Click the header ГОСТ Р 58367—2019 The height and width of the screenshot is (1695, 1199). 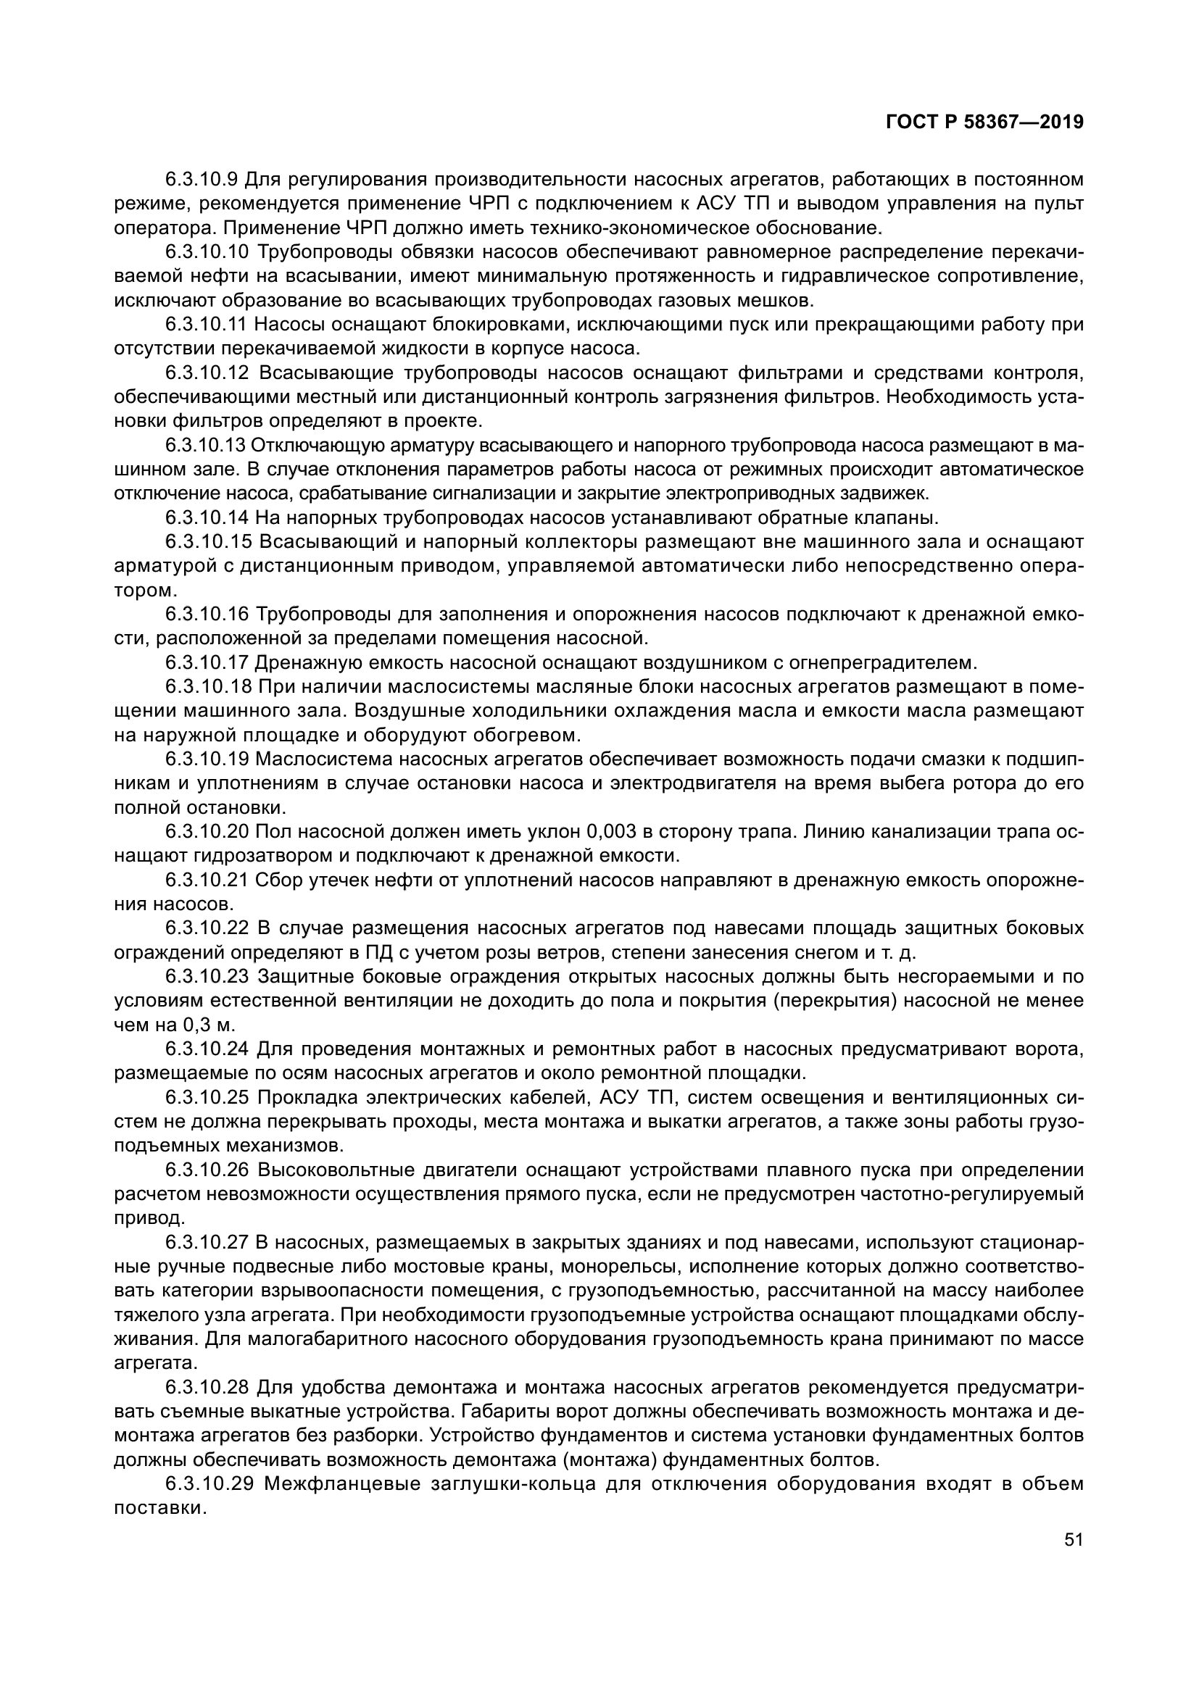[x=984, y=122]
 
